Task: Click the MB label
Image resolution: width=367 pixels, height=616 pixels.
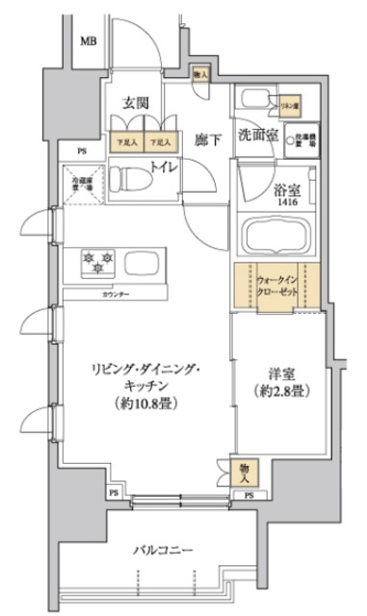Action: [x=88, y=40]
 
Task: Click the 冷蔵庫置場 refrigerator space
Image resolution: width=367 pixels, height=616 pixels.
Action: [x=78, y=182]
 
